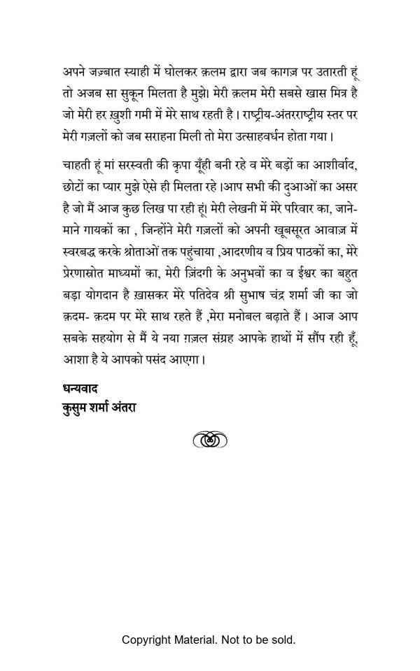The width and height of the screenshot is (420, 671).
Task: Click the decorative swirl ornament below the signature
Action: pos(210,440)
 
